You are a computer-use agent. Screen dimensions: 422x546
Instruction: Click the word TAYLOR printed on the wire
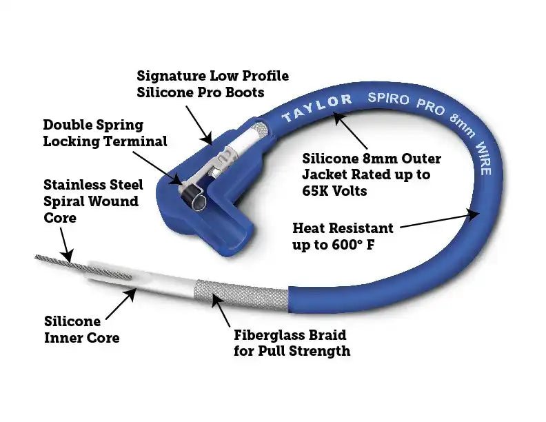click(x=316, y=108)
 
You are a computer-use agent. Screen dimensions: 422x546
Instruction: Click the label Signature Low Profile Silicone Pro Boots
click(x=212, y=83)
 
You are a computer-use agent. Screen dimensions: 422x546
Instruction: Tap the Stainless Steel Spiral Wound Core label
click(x=93, y=201)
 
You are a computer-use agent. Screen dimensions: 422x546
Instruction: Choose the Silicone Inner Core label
click(x=81, y=329)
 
